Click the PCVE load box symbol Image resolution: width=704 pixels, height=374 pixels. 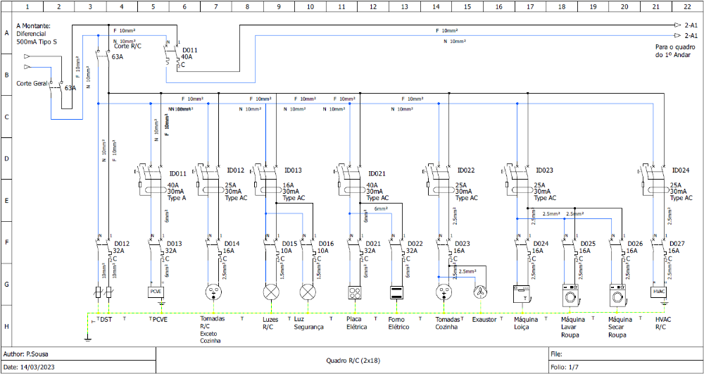(x=155, y=291)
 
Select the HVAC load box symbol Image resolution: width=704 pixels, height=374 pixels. (x=659, y=291)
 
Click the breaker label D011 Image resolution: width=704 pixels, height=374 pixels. (x=190, y=51)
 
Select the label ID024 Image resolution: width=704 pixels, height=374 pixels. (x=680, y=170)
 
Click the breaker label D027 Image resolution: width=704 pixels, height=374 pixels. (x=677, y=243)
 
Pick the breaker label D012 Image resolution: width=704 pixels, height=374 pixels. (x=122, y=243)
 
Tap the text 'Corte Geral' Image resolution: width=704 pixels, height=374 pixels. (x=32, y=83)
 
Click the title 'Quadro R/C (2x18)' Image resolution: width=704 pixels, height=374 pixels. (x=351, y=360)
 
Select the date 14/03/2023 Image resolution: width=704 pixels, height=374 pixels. (x=41, y=368)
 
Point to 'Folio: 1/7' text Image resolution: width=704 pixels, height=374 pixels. (x=565, y=367)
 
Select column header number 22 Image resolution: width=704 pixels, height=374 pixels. (x=687, y=6)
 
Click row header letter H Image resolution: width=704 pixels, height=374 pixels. (x=6, y=326)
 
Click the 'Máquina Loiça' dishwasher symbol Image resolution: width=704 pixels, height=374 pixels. (x=522, y=292)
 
